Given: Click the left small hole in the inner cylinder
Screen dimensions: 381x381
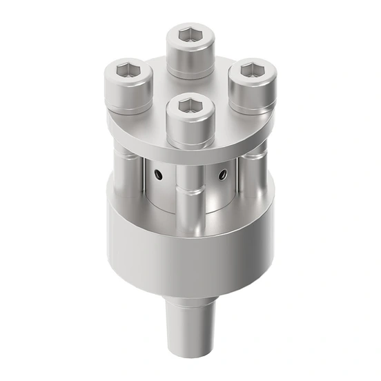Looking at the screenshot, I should (159, 176).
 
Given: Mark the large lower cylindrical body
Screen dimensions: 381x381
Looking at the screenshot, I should (190, 255).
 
